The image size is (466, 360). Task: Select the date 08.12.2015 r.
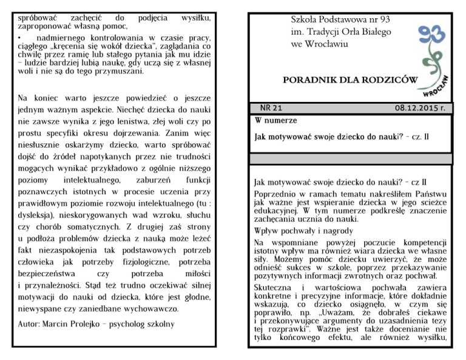point(423,107)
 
